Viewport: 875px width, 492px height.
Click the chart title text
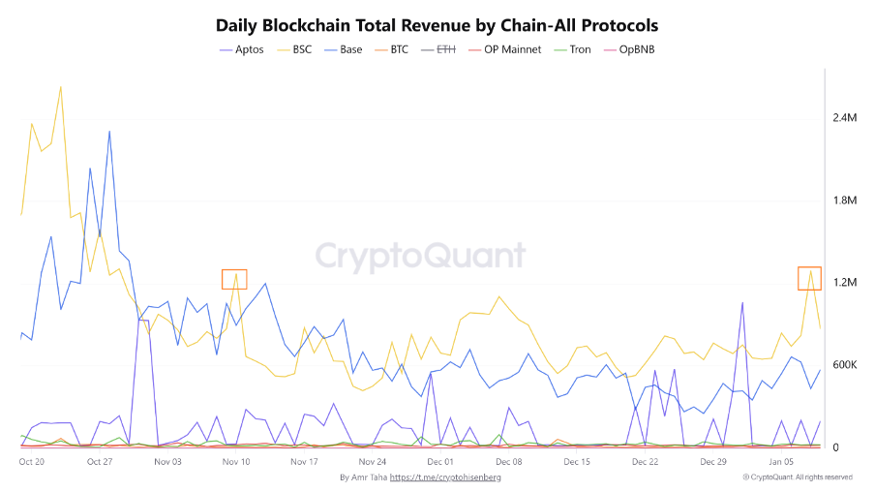(437, 25)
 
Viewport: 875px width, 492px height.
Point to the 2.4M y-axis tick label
(844, 117)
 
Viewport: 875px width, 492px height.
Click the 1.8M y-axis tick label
(844, 200)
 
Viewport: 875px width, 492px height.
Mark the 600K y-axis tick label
(844, 365)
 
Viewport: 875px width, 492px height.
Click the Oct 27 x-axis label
(100, 462)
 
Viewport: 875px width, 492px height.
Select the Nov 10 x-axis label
(236, 462)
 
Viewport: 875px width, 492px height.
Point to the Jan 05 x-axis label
(781, 462)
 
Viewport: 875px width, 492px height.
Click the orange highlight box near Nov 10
(234, 279)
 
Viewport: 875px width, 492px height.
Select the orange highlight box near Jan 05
(809, 278)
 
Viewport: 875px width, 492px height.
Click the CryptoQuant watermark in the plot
(421, 256)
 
